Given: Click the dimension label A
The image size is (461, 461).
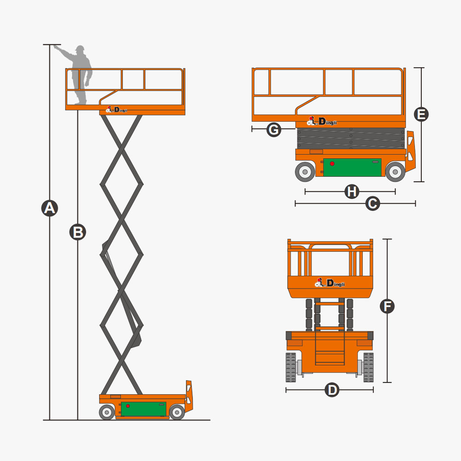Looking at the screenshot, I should pos(49,208).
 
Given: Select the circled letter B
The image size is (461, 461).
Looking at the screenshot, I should pos(78,232).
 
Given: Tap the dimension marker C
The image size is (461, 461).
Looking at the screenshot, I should pos(372,203).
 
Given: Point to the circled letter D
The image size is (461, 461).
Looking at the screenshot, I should pos(332,390).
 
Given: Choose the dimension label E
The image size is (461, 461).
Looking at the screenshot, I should pos(421,114).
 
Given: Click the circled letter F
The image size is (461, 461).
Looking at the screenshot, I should pos(387,306).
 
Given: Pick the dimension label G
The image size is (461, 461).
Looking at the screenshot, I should pos(274,130).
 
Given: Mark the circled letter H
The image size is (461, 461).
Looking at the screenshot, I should pos(352,191).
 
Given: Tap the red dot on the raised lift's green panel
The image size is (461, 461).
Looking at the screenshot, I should pos(128,406).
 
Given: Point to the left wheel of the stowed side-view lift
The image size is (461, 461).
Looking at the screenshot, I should pos(305,171).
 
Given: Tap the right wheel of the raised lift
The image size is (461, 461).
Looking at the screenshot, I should pos(177,412).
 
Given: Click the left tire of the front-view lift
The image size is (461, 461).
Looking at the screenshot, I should pos(290,367).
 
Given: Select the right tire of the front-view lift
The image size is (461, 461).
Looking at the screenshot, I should pos(368,367).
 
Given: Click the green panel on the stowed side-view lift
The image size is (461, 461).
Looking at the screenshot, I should pos(353,167).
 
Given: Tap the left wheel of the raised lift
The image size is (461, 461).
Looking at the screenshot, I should pos(107,412).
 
